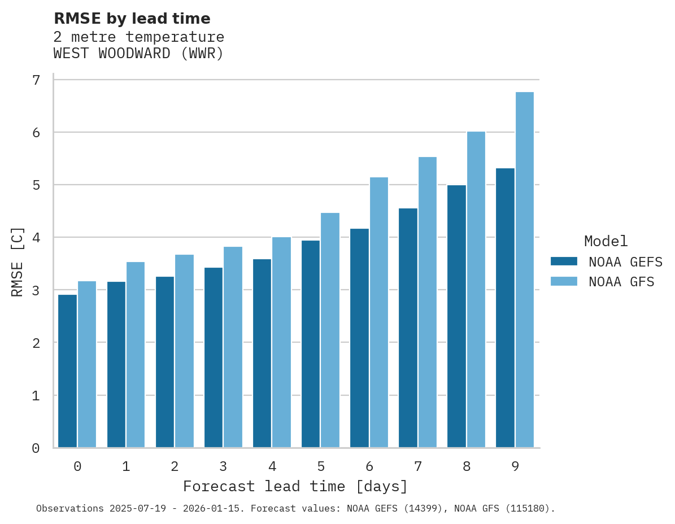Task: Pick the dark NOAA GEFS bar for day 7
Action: tap(408, 328)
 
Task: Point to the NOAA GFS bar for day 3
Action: tap(233, 347)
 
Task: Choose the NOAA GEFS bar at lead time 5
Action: tap(311, 344)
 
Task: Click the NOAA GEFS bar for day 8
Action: tap(456, 316)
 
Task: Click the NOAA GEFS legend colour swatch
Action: tap(564, 261)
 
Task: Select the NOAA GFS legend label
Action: tap(621, 282)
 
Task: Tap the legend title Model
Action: tap(606, 242)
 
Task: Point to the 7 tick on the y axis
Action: tap(36, 80)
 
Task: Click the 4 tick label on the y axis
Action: tap(36, 238)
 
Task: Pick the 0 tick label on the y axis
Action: tap(36, 448)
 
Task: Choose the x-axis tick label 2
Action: tap(175, 466)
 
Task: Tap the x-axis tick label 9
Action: tap(515, 466)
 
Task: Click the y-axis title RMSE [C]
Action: tap(18, 261)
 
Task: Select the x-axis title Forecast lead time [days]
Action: tap(295, 486)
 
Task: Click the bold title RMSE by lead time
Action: tap(132, 19)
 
